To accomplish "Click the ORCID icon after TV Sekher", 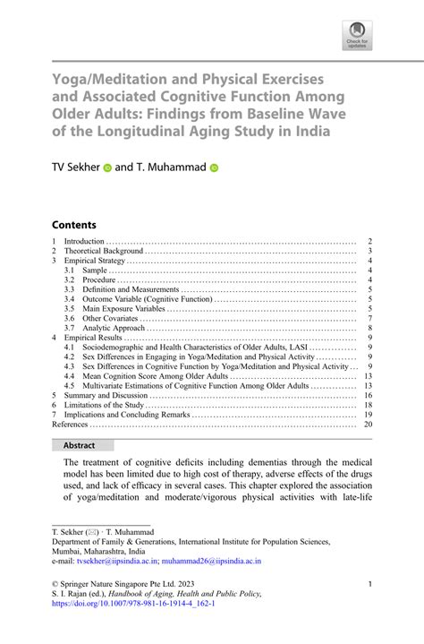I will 106,167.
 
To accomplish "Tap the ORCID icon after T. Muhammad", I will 214,167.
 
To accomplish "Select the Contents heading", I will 73,224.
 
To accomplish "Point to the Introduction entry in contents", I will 85,242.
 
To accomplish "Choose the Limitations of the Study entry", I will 108,405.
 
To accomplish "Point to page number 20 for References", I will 368,425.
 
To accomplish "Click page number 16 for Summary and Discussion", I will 368,395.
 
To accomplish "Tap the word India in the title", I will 310,130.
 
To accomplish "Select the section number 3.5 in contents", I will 69,309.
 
